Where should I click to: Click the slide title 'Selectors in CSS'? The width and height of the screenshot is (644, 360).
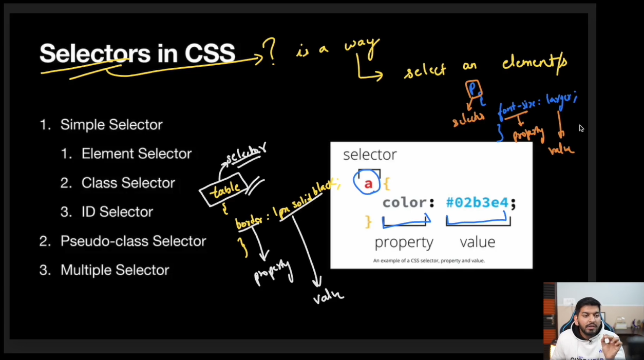pyautogui.click(x=137, y=53)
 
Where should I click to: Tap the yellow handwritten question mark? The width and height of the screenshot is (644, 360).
pyautogui.click(x=270, y=52)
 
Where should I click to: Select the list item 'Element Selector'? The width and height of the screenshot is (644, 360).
pyautogui.click(x=136, y=154)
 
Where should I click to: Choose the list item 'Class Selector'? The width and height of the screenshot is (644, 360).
pyautogui.click(x=128, y=183)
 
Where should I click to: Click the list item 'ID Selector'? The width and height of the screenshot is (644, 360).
pyautogui.click(x=117, y=212)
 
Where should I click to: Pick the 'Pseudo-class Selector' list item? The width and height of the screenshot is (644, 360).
pyautogui.click(x=133, y=241)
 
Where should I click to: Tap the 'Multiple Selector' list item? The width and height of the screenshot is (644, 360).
pyautogui.click(x=115, y=270)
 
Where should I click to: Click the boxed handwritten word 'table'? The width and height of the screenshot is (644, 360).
pyautogui.click(x=224, y=189)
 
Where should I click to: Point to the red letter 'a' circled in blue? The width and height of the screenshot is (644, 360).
pyautogui.click(x=368, y=184)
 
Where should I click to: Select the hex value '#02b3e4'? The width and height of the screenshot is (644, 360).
pyautogui.click(x=477, y=203)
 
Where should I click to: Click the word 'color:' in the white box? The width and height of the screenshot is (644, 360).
pyautogui.click(x=408, y=203)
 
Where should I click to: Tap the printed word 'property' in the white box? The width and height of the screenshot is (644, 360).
pyautogui.click(x=404, y=242)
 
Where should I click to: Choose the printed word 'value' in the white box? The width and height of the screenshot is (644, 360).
pyautogui.click(x=477, y=242)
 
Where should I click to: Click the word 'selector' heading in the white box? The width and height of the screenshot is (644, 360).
pyautogui.click(x=370, y=155)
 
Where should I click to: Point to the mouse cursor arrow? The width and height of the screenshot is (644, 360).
pyautogui.click(x=581, y=128)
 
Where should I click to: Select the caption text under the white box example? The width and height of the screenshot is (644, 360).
pyautogui.click(x=429, y=261)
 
